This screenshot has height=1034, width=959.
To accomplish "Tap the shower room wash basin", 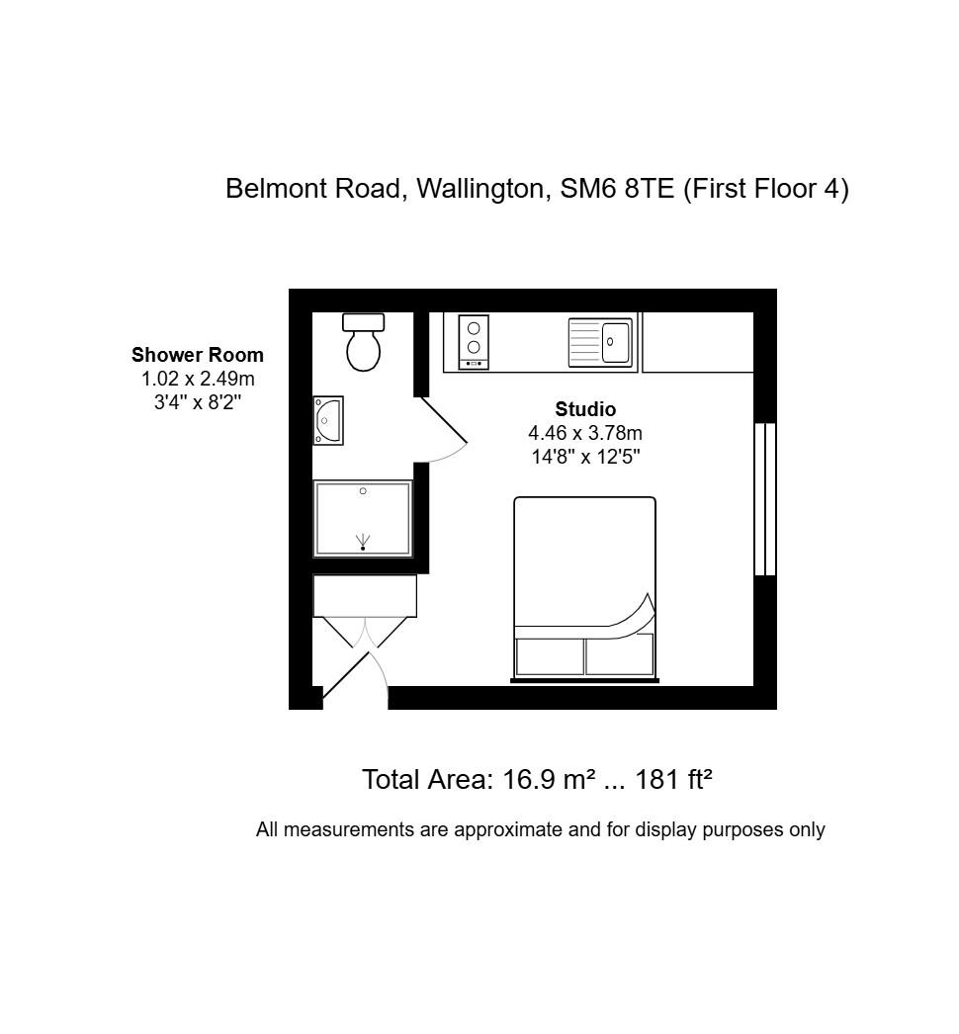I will coord(327,420).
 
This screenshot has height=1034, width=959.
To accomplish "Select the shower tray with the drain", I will coord(363,519).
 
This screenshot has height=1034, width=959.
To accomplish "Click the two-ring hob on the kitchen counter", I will coord(474,342).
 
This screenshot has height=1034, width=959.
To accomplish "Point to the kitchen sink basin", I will coord(615,342).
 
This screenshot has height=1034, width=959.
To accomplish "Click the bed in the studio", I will coord(584,588).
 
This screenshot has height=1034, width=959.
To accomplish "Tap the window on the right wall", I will coord(764,499).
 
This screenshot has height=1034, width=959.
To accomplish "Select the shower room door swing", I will coord(443,429).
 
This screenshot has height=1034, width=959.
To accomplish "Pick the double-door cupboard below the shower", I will coord(364,597).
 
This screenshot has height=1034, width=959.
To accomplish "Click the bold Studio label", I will coord(585,409).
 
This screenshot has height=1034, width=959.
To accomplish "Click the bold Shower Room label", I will coord(198,355).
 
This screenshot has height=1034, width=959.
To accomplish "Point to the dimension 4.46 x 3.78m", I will coord(585,433).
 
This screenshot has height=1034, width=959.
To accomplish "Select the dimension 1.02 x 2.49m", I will coord(198,379).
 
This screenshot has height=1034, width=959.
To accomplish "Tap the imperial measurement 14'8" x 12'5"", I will coord(585,457).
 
